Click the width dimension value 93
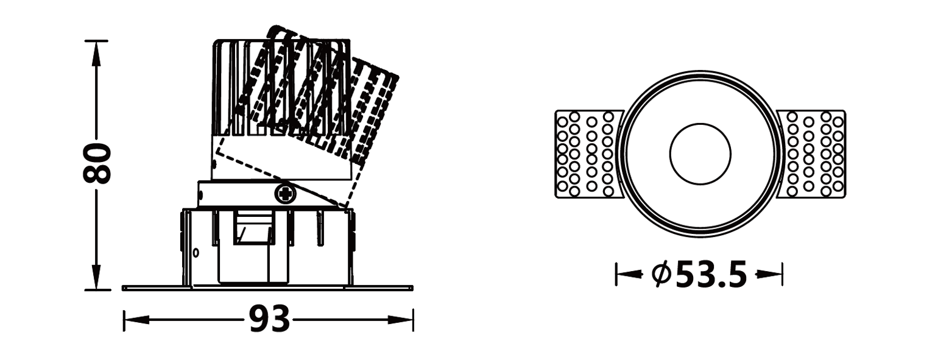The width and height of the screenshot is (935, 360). [x=269, y=319]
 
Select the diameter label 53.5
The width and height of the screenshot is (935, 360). [x=711, y=274]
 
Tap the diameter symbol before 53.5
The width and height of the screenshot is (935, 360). [x=662, y=274]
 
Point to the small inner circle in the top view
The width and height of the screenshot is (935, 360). [x=700, y=154]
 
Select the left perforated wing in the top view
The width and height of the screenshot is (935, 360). [x=589, y=154]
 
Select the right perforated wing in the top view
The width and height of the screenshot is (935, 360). [x=811, y=154]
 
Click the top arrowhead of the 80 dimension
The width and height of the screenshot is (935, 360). [x=96, y=54]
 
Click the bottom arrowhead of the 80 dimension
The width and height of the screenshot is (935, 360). [x=96, y=277]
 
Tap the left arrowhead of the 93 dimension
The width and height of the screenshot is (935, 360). [x=136, y=320]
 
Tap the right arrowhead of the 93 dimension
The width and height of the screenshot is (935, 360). [x=400, y=320]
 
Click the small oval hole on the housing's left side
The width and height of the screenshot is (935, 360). [x=196, y=252]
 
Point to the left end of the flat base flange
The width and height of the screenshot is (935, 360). [x=122, y=288]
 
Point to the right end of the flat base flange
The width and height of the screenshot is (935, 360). [x=412, y=288]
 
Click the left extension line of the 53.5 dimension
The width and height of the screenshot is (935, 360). [x=616, y=274]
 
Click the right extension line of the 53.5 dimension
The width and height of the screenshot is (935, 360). [x=783, y=274]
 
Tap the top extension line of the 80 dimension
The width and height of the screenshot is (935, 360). [x=96, y=41]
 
